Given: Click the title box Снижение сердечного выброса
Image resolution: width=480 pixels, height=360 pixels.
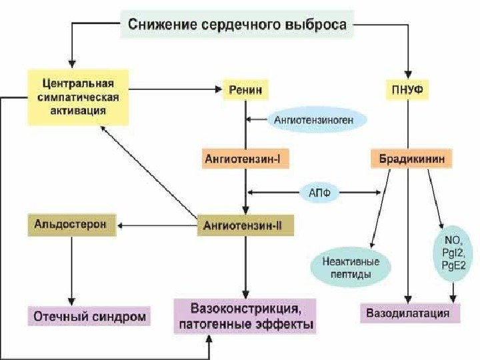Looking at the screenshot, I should coord(237,25).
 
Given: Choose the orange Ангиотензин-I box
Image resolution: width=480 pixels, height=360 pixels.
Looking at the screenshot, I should coord(246,159).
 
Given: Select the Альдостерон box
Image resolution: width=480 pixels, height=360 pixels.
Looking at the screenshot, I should coord(71,224).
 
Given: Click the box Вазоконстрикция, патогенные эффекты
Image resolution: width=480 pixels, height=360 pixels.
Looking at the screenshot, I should coord(244,316).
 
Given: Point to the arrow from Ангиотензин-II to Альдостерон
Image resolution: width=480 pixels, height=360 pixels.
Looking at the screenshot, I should coord(157,225).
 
